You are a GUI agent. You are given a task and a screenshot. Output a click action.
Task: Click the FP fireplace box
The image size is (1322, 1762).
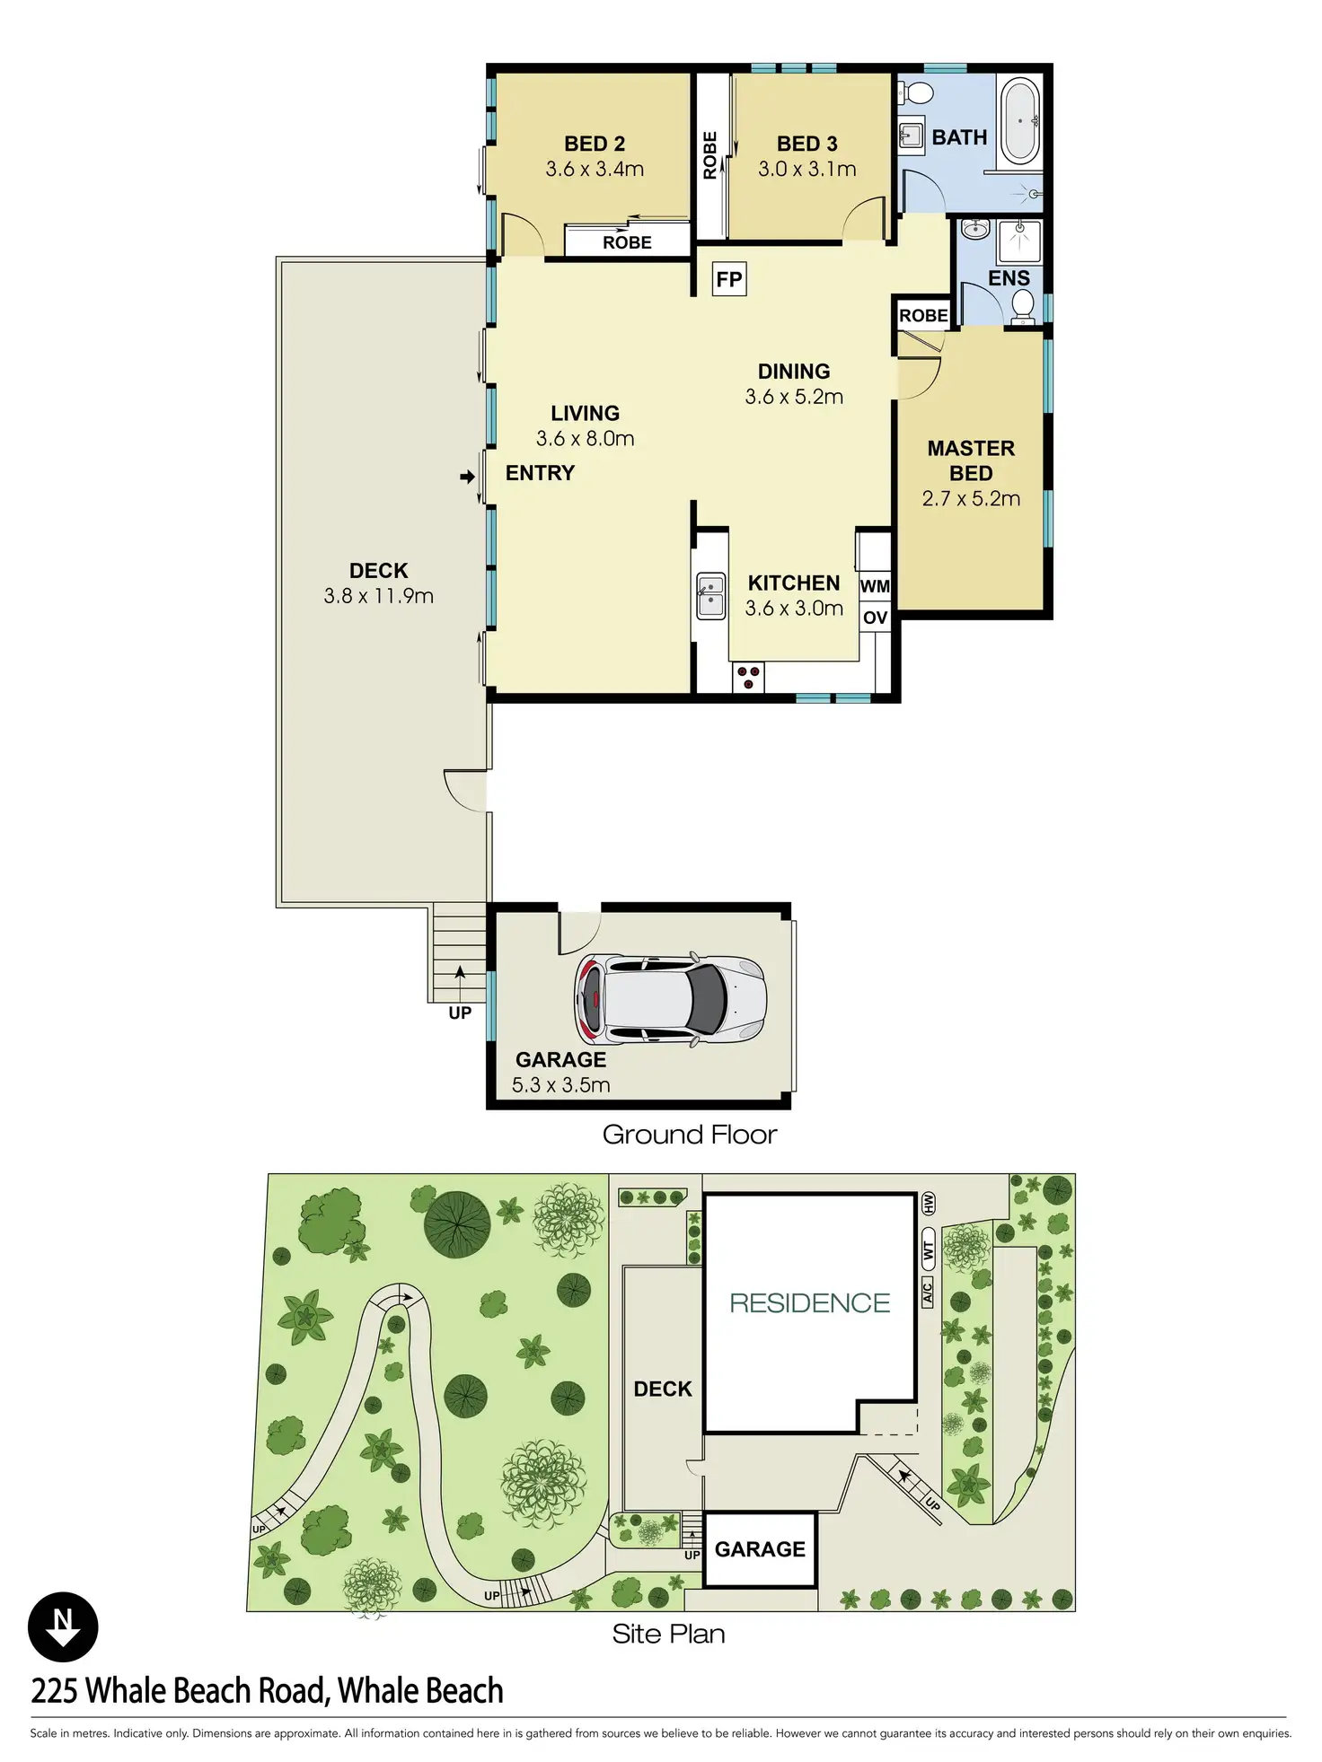click(729, 279)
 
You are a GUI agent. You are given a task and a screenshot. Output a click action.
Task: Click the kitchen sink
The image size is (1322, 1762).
click(710, 596)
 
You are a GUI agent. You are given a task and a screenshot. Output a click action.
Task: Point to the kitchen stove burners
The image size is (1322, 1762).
click(748, 678)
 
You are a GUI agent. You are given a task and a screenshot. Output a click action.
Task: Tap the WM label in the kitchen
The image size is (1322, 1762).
click(875, 586)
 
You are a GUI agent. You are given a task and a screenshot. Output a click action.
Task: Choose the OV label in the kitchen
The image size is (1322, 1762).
click(875, 618)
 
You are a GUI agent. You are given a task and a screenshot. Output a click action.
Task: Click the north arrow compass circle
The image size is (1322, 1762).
click(63, 1626)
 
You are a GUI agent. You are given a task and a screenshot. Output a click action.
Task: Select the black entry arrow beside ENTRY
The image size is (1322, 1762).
click(467, 477)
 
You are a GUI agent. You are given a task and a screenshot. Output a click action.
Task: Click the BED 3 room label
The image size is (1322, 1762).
click(806, 144)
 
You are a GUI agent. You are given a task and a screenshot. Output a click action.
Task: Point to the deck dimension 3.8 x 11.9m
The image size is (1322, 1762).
click(378, 596)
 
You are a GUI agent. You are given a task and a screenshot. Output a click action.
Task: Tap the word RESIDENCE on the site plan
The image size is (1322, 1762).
click(809, 1302)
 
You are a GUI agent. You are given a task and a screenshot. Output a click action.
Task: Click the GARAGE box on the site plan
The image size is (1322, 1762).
click(760, 1549)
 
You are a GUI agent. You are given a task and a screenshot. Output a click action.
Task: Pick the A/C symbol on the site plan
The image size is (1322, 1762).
click(927, 1293)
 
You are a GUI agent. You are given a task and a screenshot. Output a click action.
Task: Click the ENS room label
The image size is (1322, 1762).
click(1009, 278)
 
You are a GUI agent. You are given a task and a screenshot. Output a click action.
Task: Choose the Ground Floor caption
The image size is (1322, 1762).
click(689, 1135)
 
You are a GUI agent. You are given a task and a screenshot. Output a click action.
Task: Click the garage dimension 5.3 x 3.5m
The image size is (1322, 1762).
click(560, 1085)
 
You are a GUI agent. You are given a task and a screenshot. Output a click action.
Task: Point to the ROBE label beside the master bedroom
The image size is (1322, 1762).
click(923, 315)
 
